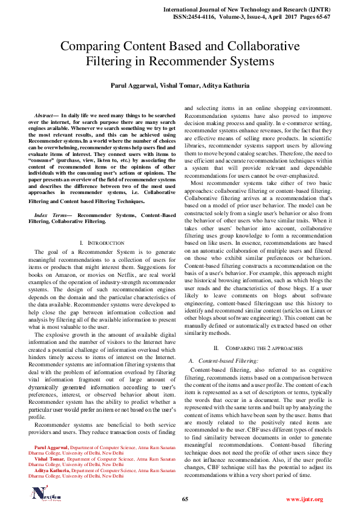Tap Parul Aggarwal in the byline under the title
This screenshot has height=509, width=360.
[133, 86]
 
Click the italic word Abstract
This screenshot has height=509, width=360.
[44, 114]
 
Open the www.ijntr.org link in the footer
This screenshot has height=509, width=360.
[304, 499]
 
